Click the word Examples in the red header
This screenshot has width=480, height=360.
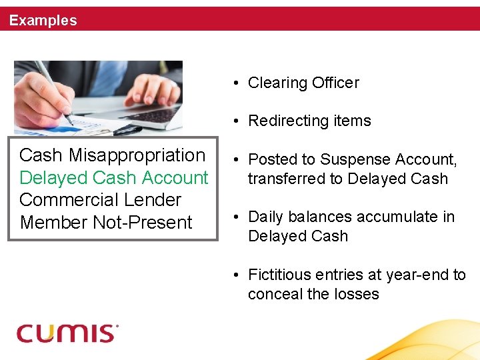[43, 21]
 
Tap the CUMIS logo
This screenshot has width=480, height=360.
[67, 333]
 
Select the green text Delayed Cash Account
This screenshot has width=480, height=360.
[113, 178]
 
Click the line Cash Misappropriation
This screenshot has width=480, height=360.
[112, 155]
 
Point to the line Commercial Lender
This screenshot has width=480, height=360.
[100, 200]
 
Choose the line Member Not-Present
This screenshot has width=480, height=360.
[106, 223]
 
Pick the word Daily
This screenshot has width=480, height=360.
[265, 217]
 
